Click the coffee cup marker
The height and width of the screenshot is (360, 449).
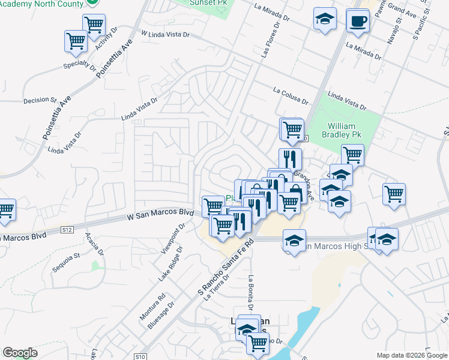[358, 21]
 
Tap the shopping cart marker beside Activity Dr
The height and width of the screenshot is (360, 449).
[94, 25]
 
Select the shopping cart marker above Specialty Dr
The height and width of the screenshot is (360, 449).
[76, 42]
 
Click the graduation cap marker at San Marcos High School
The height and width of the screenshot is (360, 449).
[294, 241]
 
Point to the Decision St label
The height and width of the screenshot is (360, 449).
[40, 100]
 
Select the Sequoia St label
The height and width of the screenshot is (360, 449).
[67, 263]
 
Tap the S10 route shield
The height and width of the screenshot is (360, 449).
[140, 356]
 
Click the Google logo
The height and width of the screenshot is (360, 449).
[20, 353]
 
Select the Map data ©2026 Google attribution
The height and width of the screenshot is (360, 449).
[411, 355]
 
